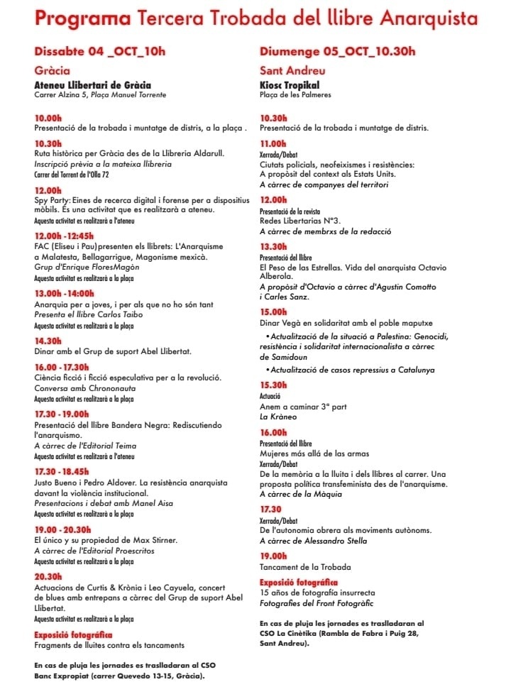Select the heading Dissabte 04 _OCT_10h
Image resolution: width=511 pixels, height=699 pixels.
point(99,51)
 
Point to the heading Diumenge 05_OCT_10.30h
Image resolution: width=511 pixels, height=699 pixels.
point(338,51)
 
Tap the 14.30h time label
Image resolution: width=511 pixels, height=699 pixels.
point(48,341)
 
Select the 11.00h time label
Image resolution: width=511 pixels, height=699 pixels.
point(274,143)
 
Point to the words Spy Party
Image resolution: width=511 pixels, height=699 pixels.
point(52,202)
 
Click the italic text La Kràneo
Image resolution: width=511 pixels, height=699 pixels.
point(278,417)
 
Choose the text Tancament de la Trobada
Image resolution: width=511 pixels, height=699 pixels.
point(305,567)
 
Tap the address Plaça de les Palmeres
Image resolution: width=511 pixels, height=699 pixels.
point(295,95)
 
